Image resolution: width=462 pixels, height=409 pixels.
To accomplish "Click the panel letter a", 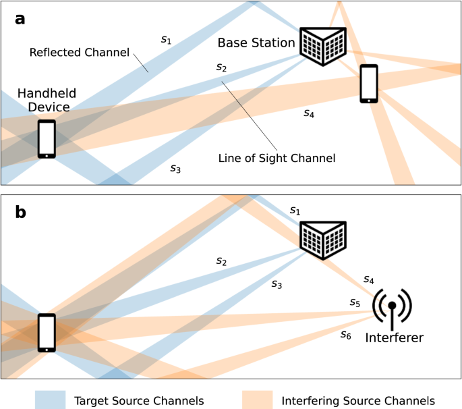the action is point(20,20).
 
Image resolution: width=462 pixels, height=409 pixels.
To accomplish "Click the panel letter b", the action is point(20,212).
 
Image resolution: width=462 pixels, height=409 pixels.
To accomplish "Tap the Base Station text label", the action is point(256,43).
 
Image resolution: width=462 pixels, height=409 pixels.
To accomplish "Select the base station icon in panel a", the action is point(323,47).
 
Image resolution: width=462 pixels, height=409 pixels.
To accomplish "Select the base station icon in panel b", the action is point(323,240).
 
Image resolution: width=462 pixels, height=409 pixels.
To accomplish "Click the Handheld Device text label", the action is point(47,100).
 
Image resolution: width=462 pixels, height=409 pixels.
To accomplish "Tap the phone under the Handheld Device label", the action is point(47,139).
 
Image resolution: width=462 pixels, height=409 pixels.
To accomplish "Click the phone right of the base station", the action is point(369,84).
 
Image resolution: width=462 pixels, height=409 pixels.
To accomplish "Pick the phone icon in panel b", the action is point(47,333).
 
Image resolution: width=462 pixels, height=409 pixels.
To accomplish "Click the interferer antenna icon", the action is point(392,306).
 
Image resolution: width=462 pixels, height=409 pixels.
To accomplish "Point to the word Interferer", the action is point(395,337).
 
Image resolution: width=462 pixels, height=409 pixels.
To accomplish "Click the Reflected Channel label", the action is point(80,53).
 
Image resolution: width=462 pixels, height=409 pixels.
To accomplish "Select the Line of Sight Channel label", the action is point(277,158).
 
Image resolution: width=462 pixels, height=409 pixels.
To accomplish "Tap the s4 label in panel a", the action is point(309,113).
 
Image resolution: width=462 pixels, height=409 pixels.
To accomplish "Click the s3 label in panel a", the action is point(175,168).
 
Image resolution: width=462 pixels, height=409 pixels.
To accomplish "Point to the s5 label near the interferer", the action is point(355,302).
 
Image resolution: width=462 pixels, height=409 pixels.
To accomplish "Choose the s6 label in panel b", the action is point(346,335).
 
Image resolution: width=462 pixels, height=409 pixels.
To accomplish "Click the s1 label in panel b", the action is point(295,211).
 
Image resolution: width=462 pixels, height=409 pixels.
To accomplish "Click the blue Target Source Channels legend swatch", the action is point(50,400).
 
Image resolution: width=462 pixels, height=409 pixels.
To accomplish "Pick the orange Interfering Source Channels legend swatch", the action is point(258,400).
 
